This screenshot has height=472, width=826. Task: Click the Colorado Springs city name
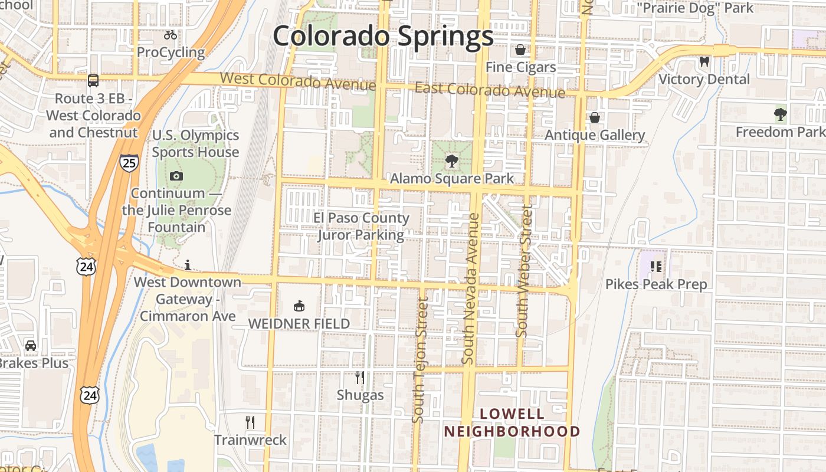[382, 37]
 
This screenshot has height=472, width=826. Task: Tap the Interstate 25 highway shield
[129, 162]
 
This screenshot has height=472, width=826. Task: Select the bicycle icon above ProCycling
[171, 35]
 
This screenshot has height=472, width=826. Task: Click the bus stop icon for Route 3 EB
[93, 81]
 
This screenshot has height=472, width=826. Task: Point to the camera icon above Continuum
[176, 176]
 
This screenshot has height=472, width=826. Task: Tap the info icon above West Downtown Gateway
[188, 265]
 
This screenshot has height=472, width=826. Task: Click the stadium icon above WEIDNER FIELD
[299, 306]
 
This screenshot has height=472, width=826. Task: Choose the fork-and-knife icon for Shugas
[360, 377]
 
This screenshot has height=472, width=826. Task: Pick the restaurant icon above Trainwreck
[250, 422]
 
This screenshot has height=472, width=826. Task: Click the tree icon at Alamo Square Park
[452, 160]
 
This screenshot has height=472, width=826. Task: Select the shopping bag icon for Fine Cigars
[520, 50]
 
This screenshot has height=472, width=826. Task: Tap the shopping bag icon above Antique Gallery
[595, 117]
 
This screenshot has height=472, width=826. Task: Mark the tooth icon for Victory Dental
[704, 61]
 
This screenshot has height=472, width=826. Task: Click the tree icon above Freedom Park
[781, 114]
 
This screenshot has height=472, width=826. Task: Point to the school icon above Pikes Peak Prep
[656, 267]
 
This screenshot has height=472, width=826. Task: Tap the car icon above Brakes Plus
[31, 345]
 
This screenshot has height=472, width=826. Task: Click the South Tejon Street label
[419, 360]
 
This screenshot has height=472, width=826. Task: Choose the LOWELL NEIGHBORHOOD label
[512, 422]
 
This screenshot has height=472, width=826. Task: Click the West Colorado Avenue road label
[297, 81]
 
